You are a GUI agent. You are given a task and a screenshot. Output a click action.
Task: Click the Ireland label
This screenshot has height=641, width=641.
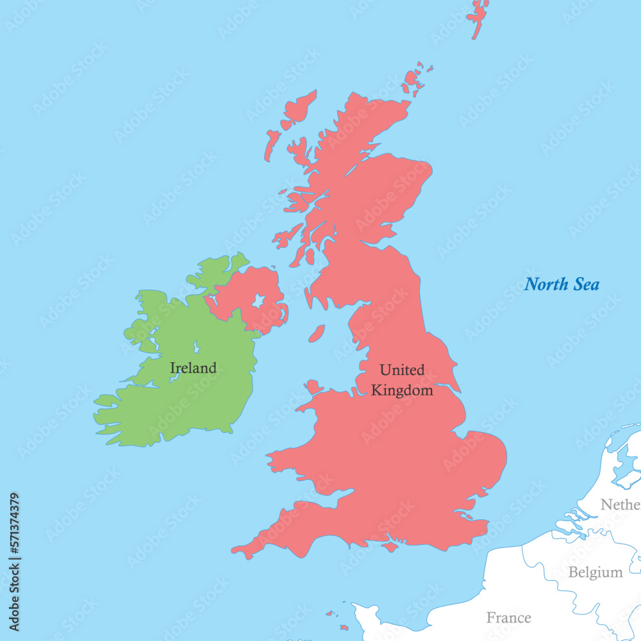coord(193,368)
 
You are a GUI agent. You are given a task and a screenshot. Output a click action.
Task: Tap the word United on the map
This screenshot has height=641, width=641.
coord(402,370)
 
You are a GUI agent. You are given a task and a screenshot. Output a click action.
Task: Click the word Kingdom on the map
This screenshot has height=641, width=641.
coord(402,390)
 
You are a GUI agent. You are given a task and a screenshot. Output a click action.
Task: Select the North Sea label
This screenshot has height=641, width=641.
coord(562,284)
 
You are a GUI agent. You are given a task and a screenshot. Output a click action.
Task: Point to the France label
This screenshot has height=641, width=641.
coord(508,618)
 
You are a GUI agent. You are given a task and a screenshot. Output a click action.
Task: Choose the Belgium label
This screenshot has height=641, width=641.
coord(595,572)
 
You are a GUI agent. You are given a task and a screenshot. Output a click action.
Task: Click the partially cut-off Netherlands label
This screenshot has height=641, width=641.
coord(620,505)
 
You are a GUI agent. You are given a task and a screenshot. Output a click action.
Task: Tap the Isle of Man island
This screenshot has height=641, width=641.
coord(317,334)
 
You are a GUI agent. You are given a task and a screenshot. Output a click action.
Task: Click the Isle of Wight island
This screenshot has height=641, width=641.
coord(389,547)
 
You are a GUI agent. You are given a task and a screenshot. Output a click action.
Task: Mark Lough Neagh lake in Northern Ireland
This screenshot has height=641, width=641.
coord(258,301)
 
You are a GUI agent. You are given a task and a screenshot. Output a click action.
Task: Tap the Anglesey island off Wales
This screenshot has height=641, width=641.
coord(313,387)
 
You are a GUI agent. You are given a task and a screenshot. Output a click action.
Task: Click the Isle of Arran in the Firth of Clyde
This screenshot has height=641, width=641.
coord(310,256)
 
